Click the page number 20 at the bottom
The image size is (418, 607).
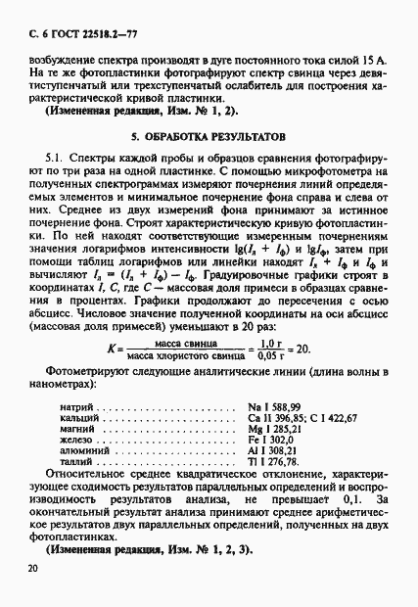33,569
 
